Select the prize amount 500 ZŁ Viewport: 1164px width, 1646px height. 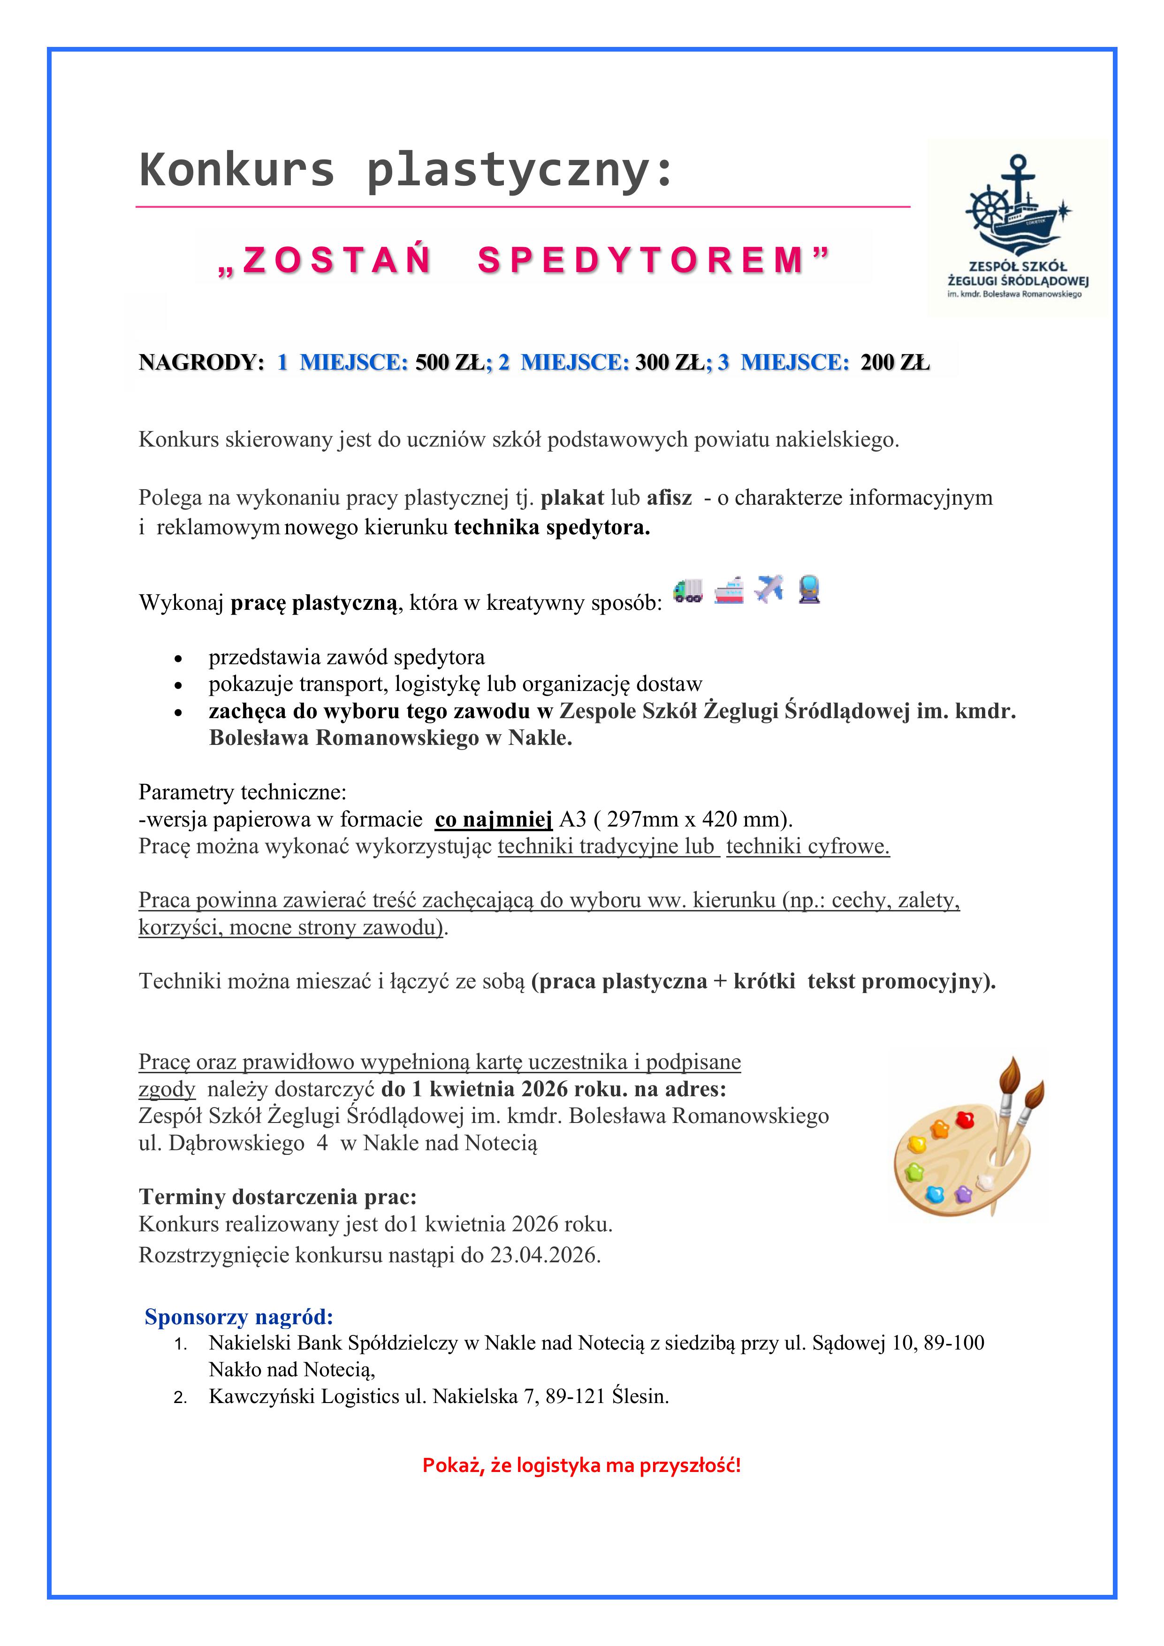(x=449, y=362)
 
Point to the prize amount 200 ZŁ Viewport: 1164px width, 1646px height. (x=894, y=362)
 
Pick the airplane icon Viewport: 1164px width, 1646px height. (x=769, y=589)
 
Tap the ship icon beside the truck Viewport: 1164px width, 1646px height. (x=729, y=591)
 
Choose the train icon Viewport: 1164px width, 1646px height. (x=809, y=589)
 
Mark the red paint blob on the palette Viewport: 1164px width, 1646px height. (x=966, y=1120)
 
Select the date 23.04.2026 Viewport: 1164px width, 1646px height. (x=544, y=1255)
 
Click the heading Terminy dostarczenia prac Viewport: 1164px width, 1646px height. (x=278, y=1197)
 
